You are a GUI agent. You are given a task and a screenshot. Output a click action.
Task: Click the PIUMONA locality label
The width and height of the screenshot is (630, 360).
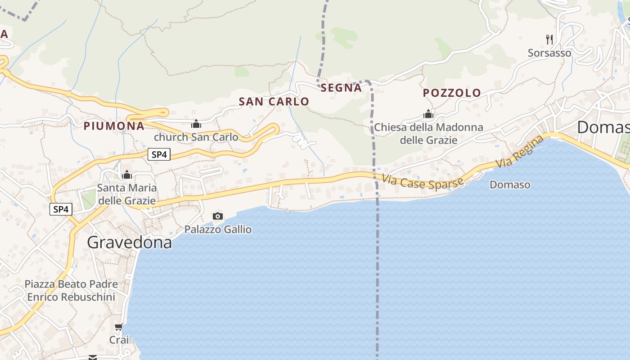coord(114,126)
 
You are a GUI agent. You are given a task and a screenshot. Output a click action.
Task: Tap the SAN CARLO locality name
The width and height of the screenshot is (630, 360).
coord(274,102)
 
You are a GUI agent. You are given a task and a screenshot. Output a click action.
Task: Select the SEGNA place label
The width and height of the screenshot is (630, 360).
coord(342,88)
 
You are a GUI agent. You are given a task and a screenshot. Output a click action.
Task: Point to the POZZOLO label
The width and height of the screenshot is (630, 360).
coord(452,93)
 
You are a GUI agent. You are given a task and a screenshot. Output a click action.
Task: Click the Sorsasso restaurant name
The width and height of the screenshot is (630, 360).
coord(549,53)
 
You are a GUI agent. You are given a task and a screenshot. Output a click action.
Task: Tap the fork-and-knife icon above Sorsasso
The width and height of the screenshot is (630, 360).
coord(549,40)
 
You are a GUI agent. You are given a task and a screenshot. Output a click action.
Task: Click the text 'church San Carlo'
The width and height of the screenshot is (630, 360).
coord(196,137)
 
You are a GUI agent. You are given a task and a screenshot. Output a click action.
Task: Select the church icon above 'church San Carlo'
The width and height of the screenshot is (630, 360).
coord(196,123)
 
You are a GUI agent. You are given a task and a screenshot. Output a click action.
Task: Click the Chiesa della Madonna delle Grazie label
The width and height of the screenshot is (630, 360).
coord(428,134)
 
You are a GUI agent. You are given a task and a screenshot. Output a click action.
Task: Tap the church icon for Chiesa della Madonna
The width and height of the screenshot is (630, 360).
coord(428,114)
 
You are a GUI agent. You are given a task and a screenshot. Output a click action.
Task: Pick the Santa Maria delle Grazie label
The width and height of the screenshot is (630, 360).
coord(127,194)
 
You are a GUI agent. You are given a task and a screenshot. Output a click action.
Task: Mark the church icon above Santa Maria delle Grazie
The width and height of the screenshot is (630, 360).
coord(127,174)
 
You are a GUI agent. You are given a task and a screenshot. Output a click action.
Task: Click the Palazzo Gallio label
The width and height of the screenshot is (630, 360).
coord(218,229)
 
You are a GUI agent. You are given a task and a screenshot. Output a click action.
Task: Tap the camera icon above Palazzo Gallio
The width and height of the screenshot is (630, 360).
coord(217,216)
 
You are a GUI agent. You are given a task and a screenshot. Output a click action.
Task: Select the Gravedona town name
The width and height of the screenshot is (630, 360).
coord(129,243)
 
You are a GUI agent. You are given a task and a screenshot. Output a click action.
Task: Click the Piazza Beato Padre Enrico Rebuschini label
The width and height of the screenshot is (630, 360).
coord(71,291)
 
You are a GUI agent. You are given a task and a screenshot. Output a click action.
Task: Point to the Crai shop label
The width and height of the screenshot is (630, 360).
coord(119,340)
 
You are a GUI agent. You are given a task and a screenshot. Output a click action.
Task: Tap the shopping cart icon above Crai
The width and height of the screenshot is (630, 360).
coord(118,327)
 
